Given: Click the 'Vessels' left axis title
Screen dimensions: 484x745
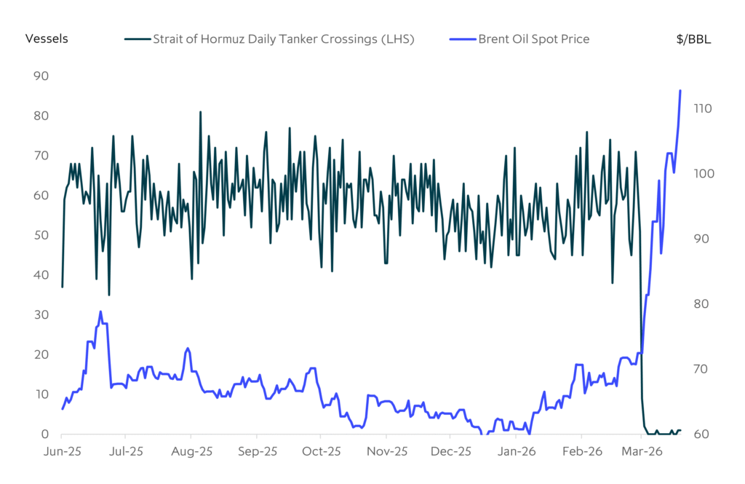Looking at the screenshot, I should [x=47, y=39].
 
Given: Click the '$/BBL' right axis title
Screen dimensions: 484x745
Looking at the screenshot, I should [x=693, y=39].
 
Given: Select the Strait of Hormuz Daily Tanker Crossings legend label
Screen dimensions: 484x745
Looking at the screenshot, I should [x=283, y=39].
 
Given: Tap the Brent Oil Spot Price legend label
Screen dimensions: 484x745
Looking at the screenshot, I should [x=533, y=39].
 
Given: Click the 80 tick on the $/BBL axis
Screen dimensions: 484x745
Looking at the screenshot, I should [x=700, y=304].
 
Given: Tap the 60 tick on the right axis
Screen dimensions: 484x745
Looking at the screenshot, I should [x=700, y=435].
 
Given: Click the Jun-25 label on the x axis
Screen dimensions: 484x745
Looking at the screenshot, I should [x=61, y=451].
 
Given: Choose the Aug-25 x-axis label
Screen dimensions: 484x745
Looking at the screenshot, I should [x=191, y=451].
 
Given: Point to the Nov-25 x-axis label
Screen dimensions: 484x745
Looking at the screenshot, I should [x=386, y=451].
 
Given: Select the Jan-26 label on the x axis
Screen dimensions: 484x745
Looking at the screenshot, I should [x=516, y=451].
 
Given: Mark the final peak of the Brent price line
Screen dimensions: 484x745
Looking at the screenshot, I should [x=680, y=90].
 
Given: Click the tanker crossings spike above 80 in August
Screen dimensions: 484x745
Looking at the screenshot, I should [x=200, y=112].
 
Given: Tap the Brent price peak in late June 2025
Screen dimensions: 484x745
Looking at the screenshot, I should [x=100, y=312].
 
